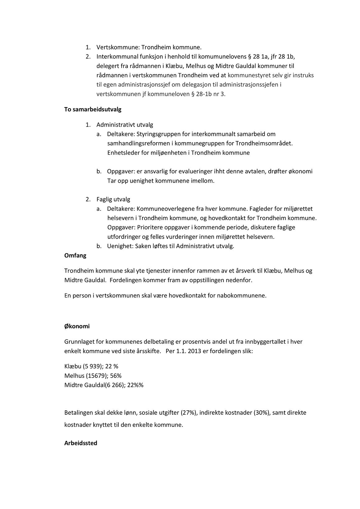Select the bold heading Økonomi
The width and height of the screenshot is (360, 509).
77,326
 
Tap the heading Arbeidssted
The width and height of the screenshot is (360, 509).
81,443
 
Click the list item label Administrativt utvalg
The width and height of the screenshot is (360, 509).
125,125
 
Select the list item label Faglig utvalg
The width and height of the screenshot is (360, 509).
113,199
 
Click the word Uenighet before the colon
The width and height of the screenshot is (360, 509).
119,246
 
